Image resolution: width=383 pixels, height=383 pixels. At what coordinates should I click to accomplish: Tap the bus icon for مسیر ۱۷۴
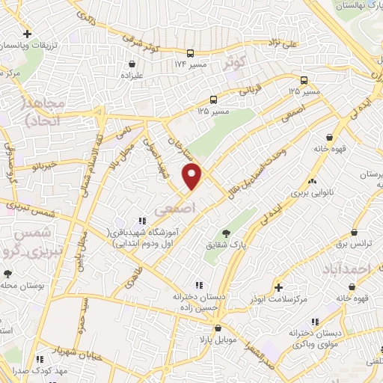[x=191, y=53]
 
